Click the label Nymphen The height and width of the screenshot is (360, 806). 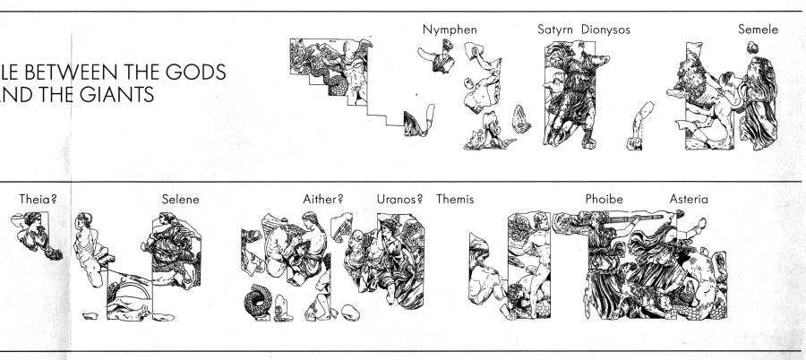pos(450,30)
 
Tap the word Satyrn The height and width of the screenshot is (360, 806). pos(556,30)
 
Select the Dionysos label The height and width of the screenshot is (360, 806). pos(605,30)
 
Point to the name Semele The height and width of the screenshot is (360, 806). pos(759,30)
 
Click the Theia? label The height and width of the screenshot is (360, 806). pos(38,199)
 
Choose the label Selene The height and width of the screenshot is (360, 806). pos(180,199)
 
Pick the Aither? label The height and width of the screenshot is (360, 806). pos(322,199)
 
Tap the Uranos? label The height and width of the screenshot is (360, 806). pos(399,199)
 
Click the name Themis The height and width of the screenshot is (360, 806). pos(455,199)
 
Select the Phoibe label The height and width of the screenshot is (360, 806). pos(604,199)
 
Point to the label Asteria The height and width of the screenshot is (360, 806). pos(689,199)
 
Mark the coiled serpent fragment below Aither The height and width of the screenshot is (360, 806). pos(257,302)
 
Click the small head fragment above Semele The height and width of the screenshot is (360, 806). pos(752,47)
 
